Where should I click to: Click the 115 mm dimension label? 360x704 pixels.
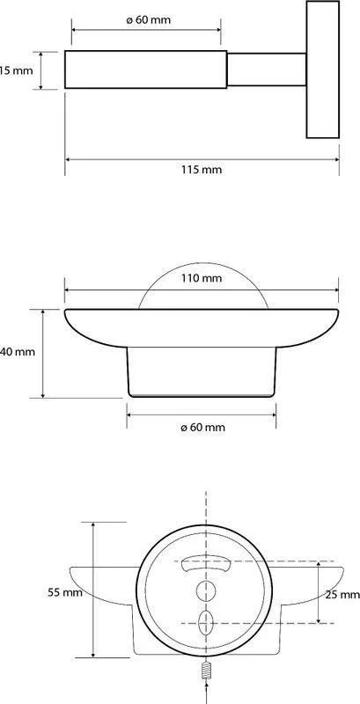click(202, 170)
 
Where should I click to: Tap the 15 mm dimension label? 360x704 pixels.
click(16, 70)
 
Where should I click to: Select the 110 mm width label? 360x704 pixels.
click(202, 278)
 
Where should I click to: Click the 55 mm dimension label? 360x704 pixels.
click(65, 592)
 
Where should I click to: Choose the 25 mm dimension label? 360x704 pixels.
click(342, 595)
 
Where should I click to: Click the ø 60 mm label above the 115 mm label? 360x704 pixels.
click(148, 20)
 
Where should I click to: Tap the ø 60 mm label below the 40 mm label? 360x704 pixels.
click(203, 428)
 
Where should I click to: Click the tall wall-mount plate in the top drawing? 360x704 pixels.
click(322, 70)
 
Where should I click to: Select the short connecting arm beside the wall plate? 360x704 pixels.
click(267, 70)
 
